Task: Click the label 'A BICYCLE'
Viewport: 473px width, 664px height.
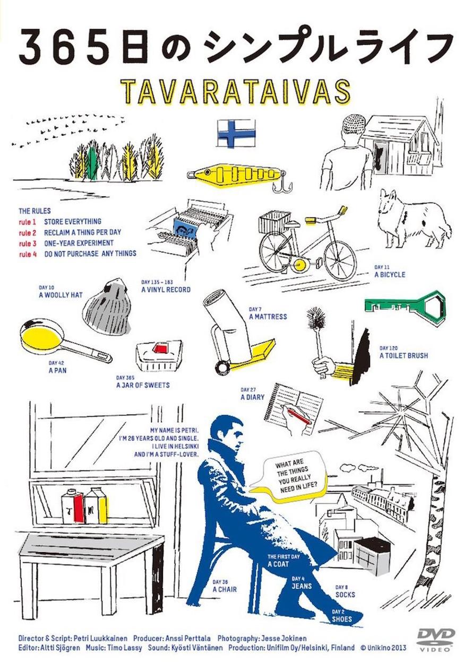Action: pyautogui.click(x=390, y=275)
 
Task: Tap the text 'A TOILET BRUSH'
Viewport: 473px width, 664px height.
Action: pyautogui.click(x=403, y=355)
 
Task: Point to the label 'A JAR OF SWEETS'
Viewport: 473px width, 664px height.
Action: pyautogui.click(x=143, y=386)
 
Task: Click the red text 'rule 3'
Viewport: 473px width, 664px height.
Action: pyautogui.click(x=27, y=243)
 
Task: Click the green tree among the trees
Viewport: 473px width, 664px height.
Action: pyautogui.click(x=94, y=162)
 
